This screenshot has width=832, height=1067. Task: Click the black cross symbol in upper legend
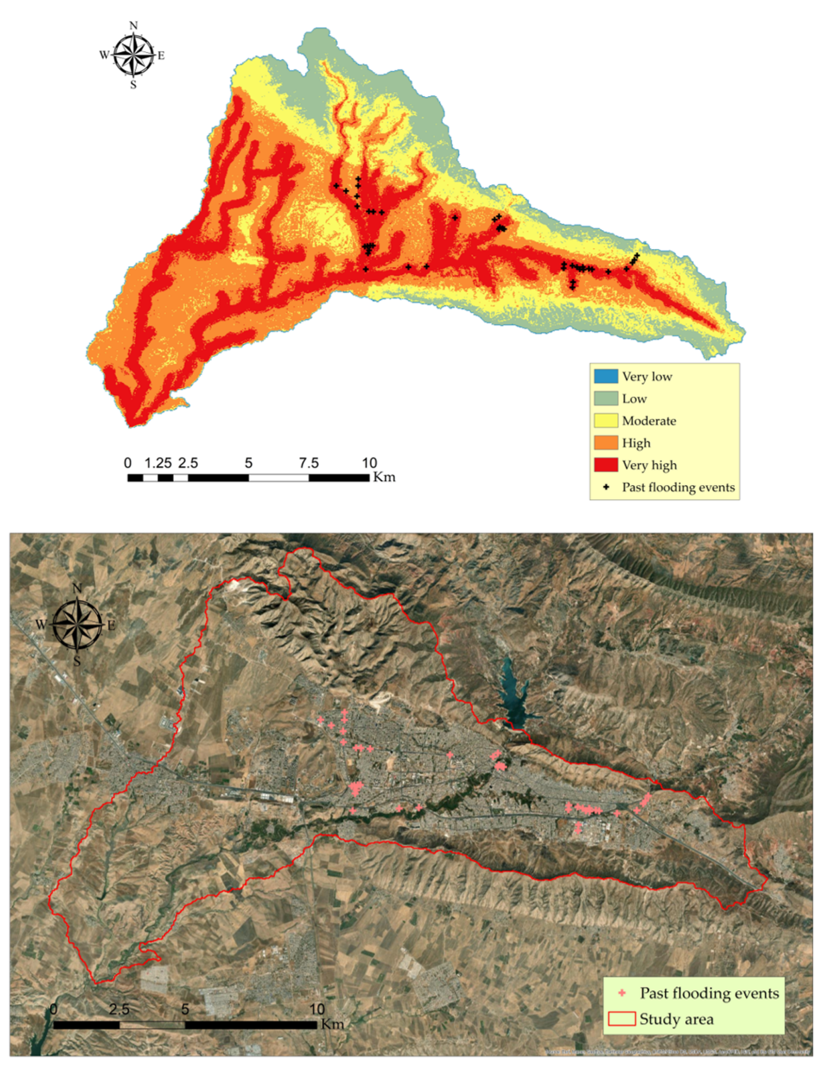(606, 487)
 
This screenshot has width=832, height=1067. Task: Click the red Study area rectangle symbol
(622, 1019)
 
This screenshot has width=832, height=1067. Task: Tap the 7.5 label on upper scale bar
(309, 463)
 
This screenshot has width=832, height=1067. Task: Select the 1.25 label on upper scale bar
(158, 463)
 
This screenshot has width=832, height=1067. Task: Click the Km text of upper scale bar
(384, 477)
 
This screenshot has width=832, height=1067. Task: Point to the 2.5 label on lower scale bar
(119, 1009)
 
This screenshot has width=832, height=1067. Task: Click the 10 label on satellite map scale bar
(317, 1009)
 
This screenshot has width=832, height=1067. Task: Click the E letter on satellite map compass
(111, 625)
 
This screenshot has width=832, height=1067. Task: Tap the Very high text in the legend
(649, 465)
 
